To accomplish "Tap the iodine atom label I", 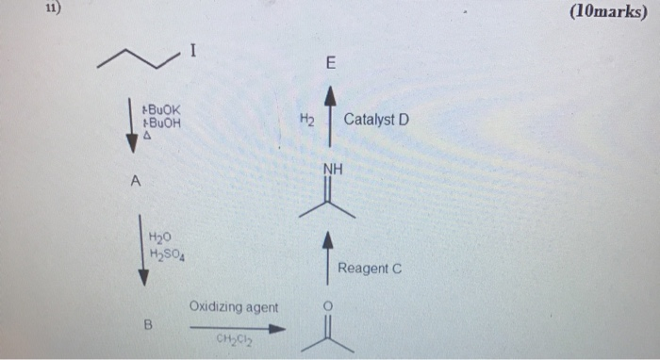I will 192,51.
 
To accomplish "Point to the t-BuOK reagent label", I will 159,109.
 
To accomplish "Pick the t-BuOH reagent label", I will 159,123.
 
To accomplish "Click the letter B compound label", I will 147,326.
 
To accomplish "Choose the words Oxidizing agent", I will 233,307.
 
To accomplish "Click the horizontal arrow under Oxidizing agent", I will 237,329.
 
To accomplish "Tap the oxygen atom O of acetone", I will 328,306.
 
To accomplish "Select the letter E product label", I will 329,64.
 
